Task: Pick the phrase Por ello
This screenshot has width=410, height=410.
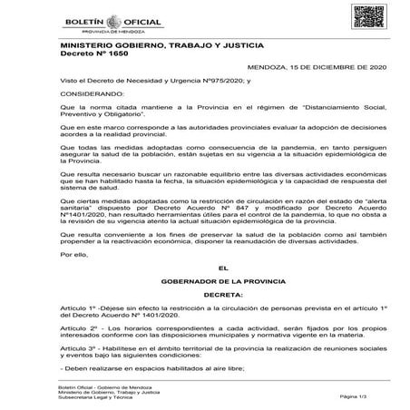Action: coord(73,255)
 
